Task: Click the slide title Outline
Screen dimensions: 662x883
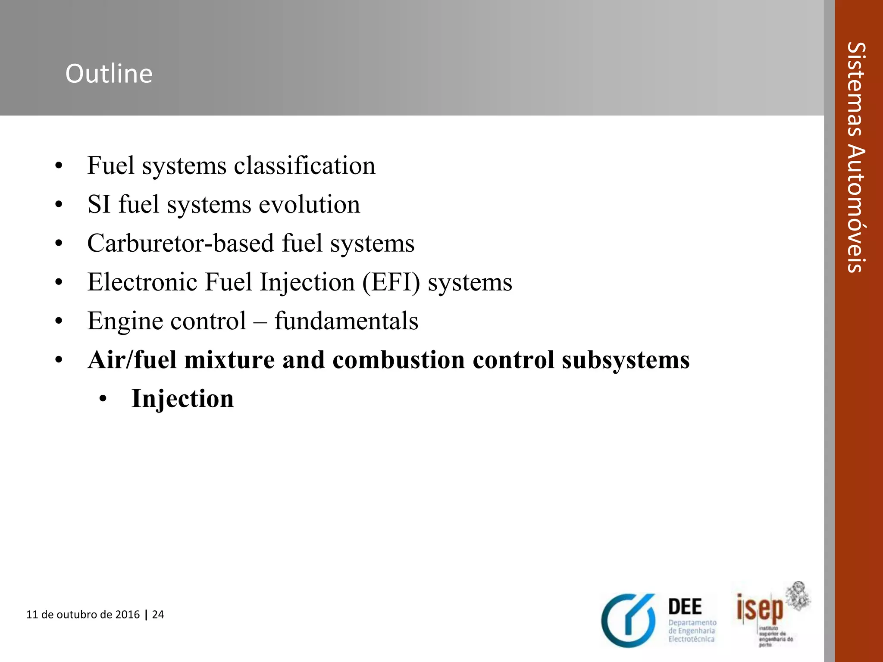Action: pyautogui.click(x=109, y=74)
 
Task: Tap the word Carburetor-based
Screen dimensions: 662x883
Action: pyautogui.click(x=181, y=243)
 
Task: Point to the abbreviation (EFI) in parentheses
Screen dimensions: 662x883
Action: pyautogui.click(x=391, y=283)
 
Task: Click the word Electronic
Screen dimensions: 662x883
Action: pyautogui.click(x=142, y=282)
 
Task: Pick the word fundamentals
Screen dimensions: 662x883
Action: pyautogui.click(x=346, y=321)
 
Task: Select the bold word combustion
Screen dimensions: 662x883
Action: pyautogui.click(x=398, y=360)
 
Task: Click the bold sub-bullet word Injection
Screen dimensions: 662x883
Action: pyautogui.click(x=182, y=399)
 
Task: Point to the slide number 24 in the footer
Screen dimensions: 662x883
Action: pyautogui.click(x=158, y=614)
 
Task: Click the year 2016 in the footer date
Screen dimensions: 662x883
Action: pyautogui.click(x=128, y=614)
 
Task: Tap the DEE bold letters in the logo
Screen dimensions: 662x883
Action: pyautogui.click(x=685, y=607)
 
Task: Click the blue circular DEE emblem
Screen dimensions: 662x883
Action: pyautogui.click(x=629, y=621)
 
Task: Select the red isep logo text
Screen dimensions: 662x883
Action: pyautogui.click(x=760, y=609)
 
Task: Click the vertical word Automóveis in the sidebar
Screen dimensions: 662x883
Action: pyautogui.click(x=855, y=208)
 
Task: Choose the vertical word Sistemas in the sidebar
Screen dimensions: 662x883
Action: pyautogui.click(x=855, y=89)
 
